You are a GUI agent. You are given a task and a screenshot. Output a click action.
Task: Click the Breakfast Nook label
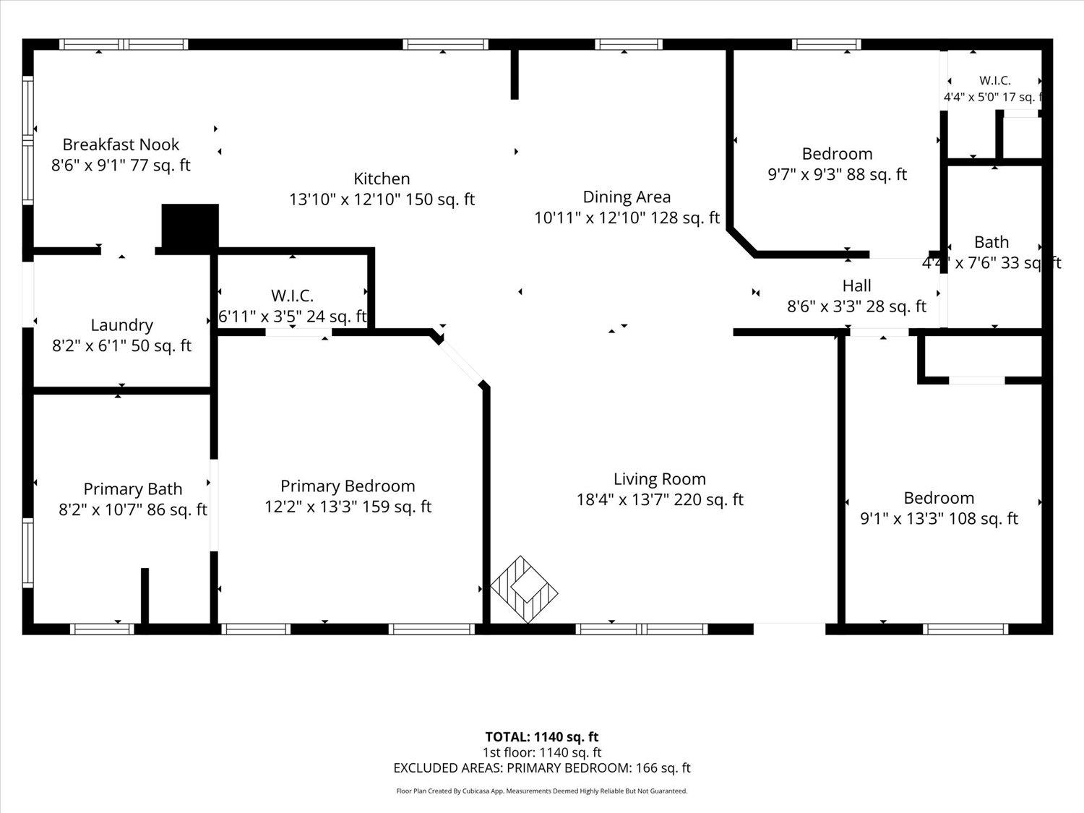[x=121, y=145]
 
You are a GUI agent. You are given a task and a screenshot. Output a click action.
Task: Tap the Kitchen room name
[x=382, y=178]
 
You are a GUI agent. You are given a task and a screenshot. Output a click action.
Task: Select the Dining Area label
[x=627, y=197]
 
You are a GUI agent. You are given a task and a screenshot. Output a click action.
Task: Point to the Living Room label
[x=660, y=479]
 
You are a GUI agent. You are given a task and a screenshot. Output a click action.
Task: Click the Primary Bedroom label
[x=348, y=486]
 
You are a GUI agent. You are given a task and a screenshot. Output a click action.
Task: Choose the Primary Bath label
[x=133, y=489]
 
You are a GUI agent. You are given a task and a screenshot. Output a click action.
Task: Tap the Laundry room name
[x=122, y=325]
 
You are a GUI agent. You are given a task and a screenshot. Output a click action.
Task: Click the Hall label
[x=857, y=285]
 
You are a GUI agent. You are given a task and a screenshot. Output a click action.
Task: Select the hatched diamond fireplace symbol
[x=524, y=590]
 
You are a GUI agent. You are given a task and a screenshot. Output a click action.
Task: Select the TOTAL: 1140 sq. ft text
[x=542, y=737]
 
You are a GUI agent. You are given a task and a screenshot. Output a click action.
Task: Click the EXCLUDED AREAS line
[x=542, y=768]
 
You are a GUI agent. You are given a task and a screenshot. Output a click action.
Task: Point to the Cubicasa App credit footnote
[x=542, y=791]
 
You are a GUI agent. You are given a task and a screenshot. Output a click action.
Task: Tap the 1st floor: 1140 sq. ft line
[x=542, y=752]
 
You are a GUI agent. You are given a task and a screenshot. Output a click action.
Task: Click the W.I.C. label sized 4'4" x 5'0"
[x=995, y=80]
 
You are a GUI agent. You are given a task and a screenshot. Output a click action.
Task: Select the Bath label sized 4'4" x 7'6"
[x=991, y=242]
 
